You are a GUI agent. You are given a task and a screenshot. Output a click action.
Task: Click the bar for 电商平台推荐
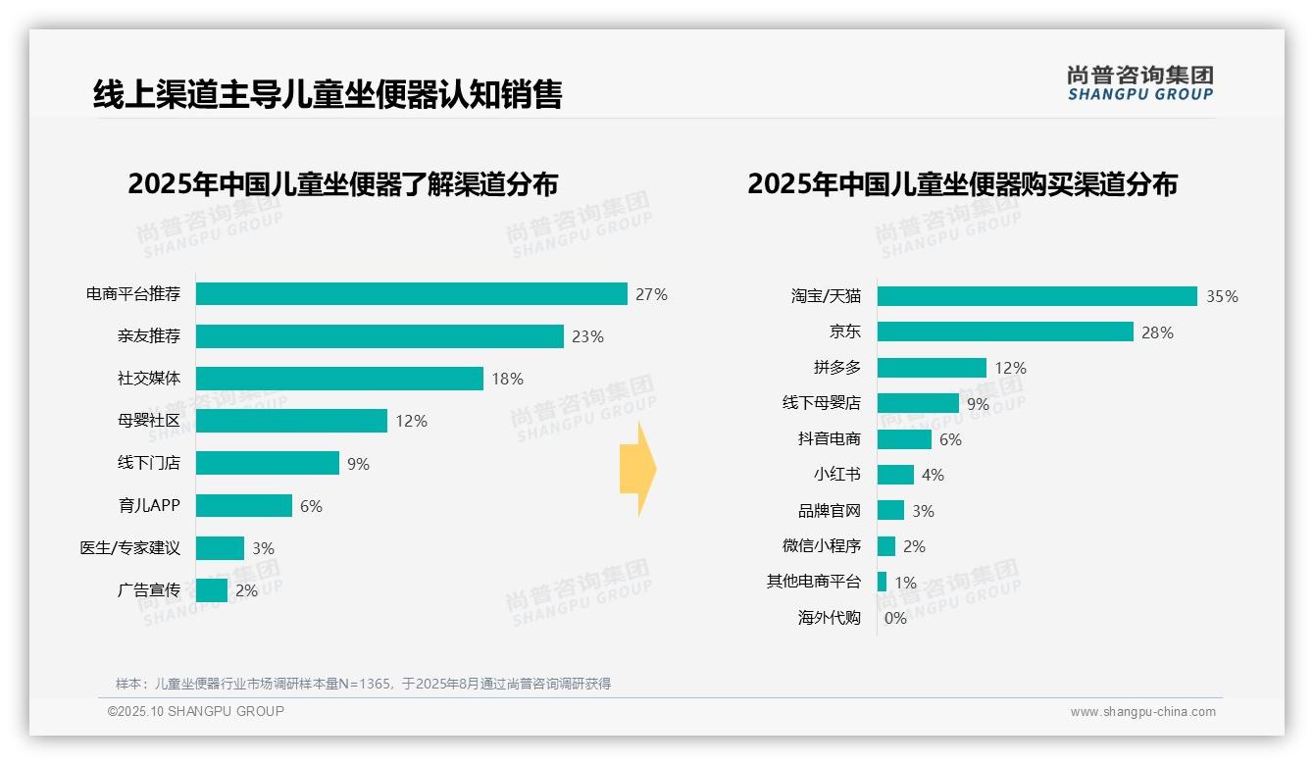pyautogui.click(x=411, y=294)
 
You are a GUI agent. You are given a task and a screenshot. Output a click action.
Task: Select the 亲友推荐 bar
pyautogui.click(x=379, y=336)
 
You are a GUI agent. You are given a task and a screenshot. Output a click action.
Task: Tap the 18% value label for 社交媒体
pyautogui.click(x=508, y=379)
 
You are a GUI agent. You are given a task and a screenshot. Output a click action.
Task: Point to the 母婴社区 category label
pyautogui.click(x=148, y=421)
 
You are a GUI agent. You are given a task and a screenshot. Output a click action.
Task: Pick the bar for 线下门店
pyautogui.click(x=267, y=463)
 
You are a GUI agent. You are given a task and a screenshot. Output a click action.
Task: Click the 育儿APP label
pyautogui.click(x=149, y=506)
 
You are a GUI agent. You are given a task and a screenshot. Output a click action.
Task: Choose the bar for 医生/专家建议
pyautogui.click(x=220, y=548)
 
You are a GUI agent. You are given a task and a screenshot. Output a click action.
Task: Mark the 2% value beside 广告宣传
pyautogui.click(x=246, y=590)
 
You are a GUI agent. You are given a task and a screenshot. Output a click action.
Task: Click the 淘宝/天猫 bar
pyautogui.click(x=1036, y=296)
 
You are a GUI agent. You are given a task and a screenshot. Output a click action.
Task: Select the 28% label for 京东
pyautogui.click(x=1157, y=332)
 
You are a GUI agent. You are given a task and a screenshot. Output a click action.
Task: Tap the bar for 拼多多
pyautogui.click(x=932, y=368)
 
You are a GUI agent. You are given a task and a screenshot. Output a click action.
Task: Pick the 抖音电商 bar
pyautogui.click(x=904, y=439)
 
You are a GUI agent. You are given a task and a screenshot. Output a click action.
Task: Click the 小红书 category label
pyautogui.click(x=836, y=475)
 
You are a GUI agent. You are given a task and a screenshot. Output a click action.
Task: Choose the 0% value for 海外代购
pyautogui.click(x=895, y=618)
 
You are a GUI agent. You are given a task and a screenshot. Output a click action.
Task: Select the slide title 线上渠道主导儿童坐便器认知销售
pyautogui.click(x=328, y=94)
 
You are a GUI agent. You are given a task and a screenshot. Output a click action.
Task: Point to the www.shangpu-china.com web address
pyautogui.click(x=1142, y=712)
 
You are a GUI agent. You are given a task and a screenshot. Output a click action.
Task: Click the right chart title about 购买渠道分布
pyautogui.click(x=962, y=184)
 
